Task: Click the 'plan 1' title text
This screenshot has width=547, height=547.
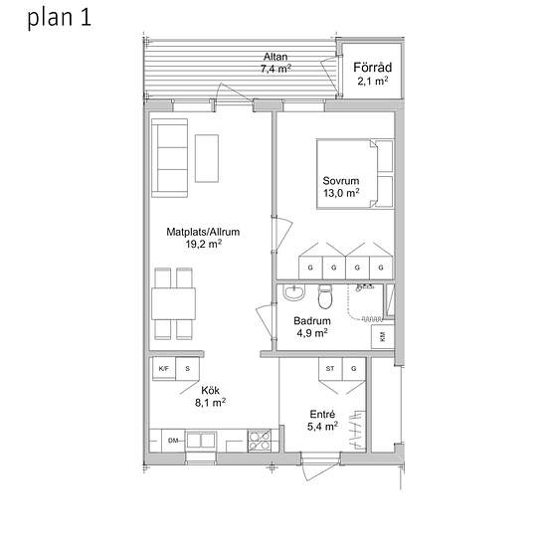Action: (60, 18)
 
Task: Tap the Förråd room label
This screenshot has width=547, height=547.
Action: (373, 67)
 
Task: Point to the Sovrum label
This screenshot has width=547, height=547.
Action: (341, 181)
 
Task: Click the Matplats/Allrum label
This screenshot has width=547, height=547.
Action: (203, 232)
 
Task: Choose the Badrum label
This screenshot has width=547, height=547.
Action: (312, 321)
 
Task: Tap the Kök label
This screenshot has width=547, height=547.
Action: (211, 391)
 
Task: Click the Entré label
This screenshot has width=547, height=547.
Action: (322, 414)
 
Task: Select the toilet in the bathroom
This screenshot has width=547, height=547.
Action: (325, 297)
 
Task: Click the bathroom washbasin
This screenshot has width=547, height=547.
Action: (293, 292)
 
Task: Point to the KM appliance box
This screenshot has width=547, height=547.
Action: (383, 336)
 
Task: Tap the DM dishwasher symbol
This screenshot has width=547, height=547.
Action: (173, 441)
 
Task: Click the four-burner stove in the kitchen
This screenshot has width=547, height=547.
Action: (260, 441)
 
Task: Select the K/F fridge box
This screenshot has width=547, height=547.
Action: (164, 368)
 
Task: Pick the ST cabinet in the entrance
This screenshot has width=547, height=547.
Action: (330, 369)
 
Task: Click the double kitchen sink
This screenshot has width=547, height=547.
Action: (201, 441)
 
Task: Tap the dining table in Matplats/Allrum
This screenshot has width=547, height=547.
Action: (173, 304)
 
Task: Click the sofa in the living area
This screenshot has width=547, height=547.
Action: (169, 158)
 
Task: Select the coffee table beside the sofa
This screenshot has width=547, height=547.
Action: (207, 158)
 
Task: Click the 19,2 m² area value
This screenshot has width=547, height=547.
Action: (204, 244)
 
